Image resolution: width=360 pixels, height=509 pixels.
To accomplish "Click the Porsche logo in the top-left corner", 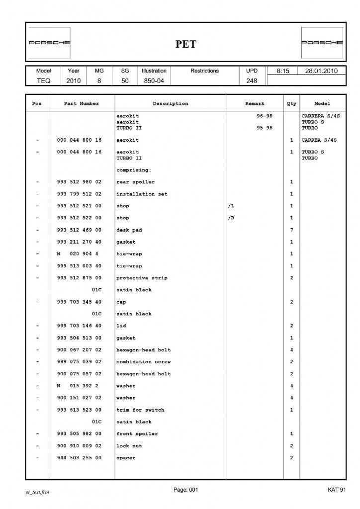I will [49, 43].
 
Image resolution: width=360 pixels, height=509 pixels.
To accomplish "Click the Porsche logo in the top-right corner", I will [322, 43].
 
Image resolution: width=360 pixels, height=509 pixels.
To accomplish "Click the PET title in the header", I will [185, 44].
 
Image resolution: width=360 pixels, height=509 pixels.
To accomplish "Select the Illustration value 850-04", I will [154, 81].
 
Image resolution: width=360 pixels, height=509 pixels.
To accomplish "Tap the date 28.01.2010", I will [321, 71].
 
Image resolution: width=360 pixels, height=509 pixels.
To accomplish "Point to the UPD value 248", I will [252, 81].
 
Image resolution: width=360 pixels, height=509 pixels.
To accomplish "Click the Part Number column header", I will [82, 104].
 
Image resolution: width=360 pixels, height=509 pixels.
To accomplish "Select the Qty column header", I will [291, 104].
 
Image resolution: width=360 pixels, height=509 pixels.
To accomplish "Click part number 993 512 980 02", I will [80, 182].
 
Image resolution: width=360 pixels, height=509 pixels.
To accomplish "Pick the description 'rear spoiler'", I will [135, 182].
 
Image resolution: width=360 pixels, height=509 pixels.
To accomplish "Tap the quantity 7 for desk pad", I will [291, 230].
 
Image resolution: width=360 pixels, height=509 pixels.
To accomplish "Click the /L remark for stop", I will [231, 206].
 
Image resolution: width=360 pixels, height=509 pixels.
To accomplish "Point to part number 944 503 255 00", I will [80, 458].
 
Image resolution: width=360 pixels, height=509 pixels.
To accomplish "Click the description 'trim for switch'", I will [140, 410].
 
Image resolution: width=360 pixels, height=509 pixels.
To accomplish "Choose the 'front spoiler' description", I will [137, 434].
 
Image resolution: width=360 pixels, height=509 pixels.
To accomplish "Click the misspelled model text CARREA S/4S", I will [319, 141].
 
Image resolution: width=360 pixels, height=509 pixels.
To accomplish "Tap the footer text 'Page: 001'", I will [186, 490].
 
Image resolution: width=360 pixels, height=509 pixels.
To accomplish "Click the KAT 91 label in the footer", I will [337, 490].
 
